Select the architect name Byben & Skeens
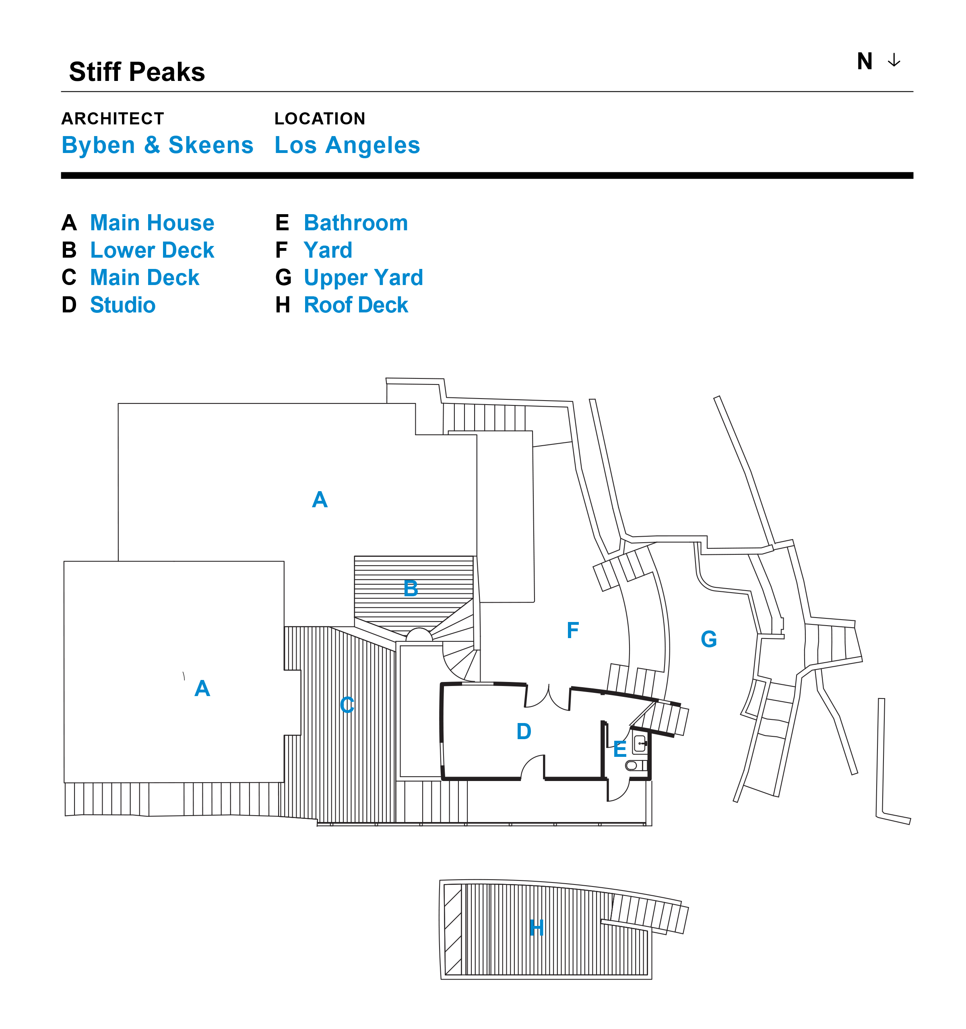click(157, 145)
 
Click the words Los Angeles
click(347, 145)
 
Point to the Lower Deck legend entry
click(152, 250)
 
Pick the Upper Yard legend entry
click(363, 277)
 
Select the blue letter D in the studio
click(524, 731)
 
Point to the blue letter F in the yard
click(572, 630)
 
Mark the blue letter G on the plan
click(708, 639)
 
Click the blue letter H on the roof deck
click(537, 928)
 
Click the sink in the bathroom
click(640, 743)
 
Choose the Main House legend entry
click(152, 223)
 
